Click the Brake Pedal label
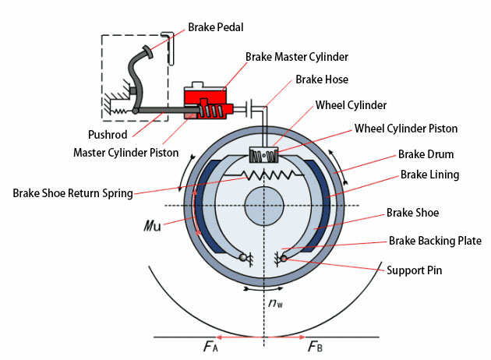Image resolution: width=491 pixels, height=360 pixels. tap(216, 26)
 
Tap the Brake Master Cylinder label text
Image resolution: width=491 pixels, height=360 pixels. tap(296, 57)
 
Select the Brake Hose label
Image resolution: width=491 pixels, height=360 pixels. tap(321, 79)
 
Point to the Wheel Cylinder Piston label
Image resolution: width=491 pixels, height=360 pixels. tap(405, 128)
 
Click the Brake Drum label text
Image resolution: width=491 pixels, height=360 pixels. tap(426, 154)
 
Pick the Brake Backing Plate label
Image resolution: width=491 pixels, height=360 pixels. tap(433, 241)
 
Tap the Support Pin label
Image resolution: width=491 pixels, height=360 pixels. tap(415, 271)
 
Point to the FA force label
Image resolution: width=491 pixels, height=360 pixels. tap(210, 347)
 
